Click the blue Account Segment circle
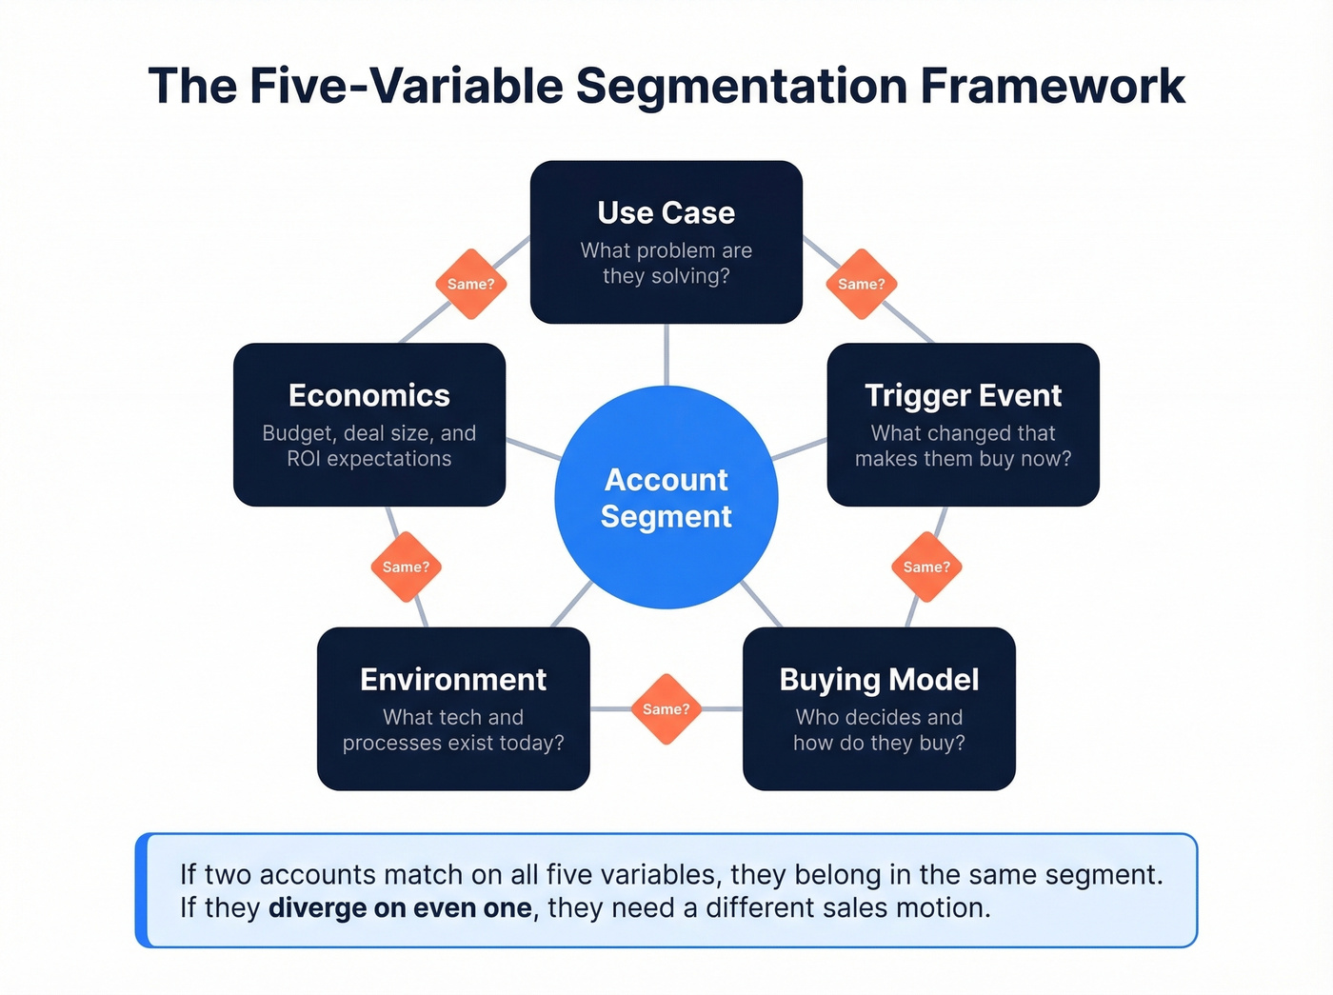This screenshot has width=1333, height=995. click(x=666, y=497)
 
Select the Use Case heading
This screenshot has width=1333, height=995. click(x=666, y=212)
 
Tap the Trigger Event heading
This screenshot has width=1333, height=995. click(x=963, y=395)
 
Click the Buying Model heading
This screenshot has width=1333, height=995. click(x=879, y=679)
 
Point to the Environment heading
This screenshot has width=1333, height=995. click(x=453, y=679)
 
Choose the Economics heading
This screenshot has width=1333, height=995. click(x=369, y=395)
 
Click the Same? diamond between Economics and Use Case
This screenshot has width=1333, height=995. click(x=470, y=284)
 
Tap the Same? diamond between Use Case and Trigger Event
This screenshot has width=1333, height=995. click(x=862, y=284)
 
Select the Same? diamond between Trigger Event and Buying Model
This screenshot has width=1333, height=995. click(x=926, y=567)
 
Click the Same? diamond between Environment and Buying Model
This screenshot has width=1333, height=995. click(x=666, y=709)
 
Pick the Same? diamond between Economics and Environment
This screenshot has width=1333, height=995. click(x=406, y=567)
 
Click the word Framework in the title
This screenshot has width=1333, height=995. click(x=1052, y=86)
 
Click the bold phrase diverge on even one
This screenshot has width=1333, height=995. click(x=400, y=908)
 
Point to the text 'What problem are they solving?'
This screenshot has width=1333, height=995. click(x=666, y=263)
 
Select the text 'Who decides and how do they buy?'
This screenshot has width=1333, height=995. click(x=879, y=729)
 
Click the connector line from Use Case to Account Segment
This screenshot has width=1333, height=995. click(x=666, y=354)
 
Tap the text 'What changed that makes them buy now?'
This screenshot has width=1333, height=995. click(x=963, y=446)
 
